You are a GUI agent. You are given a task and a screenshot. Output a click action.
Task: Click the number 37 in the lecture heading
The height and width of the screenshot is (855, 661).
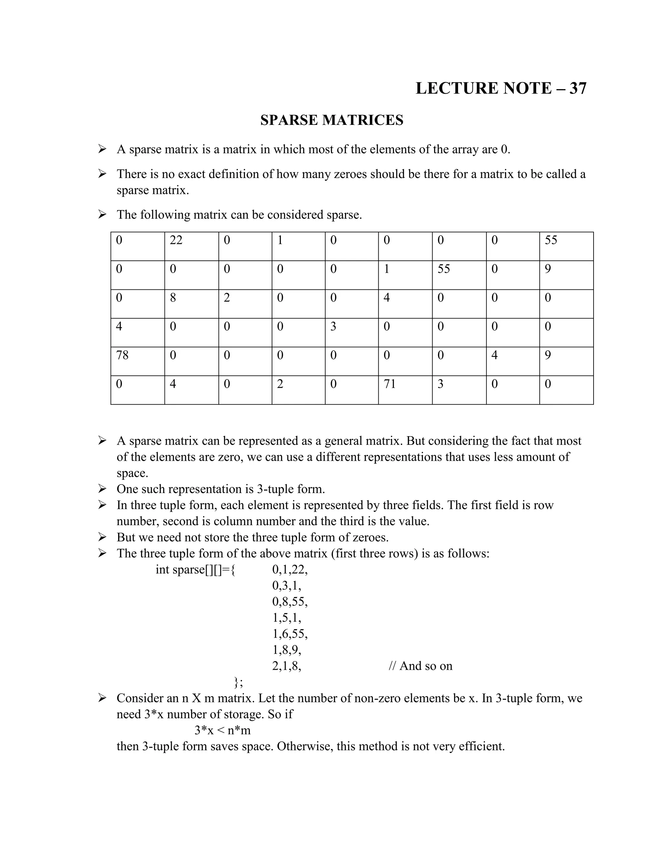point(578,88)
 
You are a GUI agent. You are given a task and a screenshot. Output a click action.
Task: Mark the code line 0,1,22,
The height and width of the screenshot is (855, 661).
point(290,569)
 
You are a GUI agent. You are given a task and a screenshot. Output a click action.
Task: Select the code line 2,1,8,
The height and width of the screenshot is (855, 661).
point(287,666)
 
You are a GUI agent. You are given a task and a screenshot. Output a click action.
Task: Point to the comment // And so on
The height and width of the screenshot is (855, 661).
point(420,666)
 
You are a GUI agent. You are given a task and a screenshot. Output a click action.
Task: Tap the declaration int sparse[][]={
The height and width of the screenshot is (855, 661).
point(195,569)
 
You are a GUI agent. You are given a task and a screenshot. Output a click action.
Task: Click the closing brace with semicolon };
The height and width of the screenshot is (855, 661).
point(238,682)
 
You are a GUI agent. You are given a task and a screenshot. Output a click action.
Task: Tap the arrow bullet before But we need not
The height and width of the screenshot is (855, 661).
point(102,537)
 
